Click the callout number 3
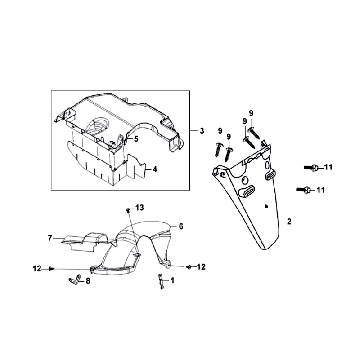pos(202,131)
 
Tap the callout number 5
pos(136,139)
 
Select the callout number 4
pos(154,169)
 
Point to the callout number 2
pos(289,221)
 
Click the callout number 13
pos(140,208)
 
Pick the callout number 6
pos(181,226)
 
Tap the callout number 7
pos(50,238)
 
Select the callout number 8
pos(88,281)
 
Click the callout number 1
pos(172,281)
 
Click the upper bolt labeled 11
pos(312,168)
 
